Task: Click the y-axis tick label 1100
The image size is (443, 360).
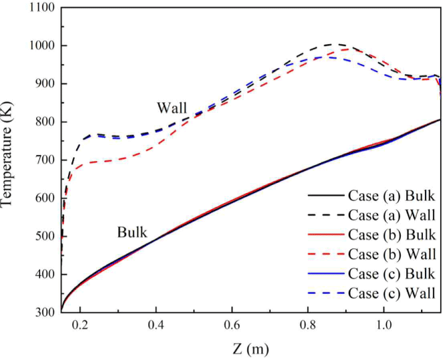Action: click(x=40, y=8)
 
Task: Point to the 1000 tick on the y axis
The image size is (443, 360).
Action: click(x=40, y=46)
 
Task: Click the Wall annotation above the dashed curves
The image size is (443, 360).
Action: click(x=172, y=107)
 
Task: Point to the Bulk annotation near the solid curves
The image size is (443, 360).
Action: click(x=132, y=233)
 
